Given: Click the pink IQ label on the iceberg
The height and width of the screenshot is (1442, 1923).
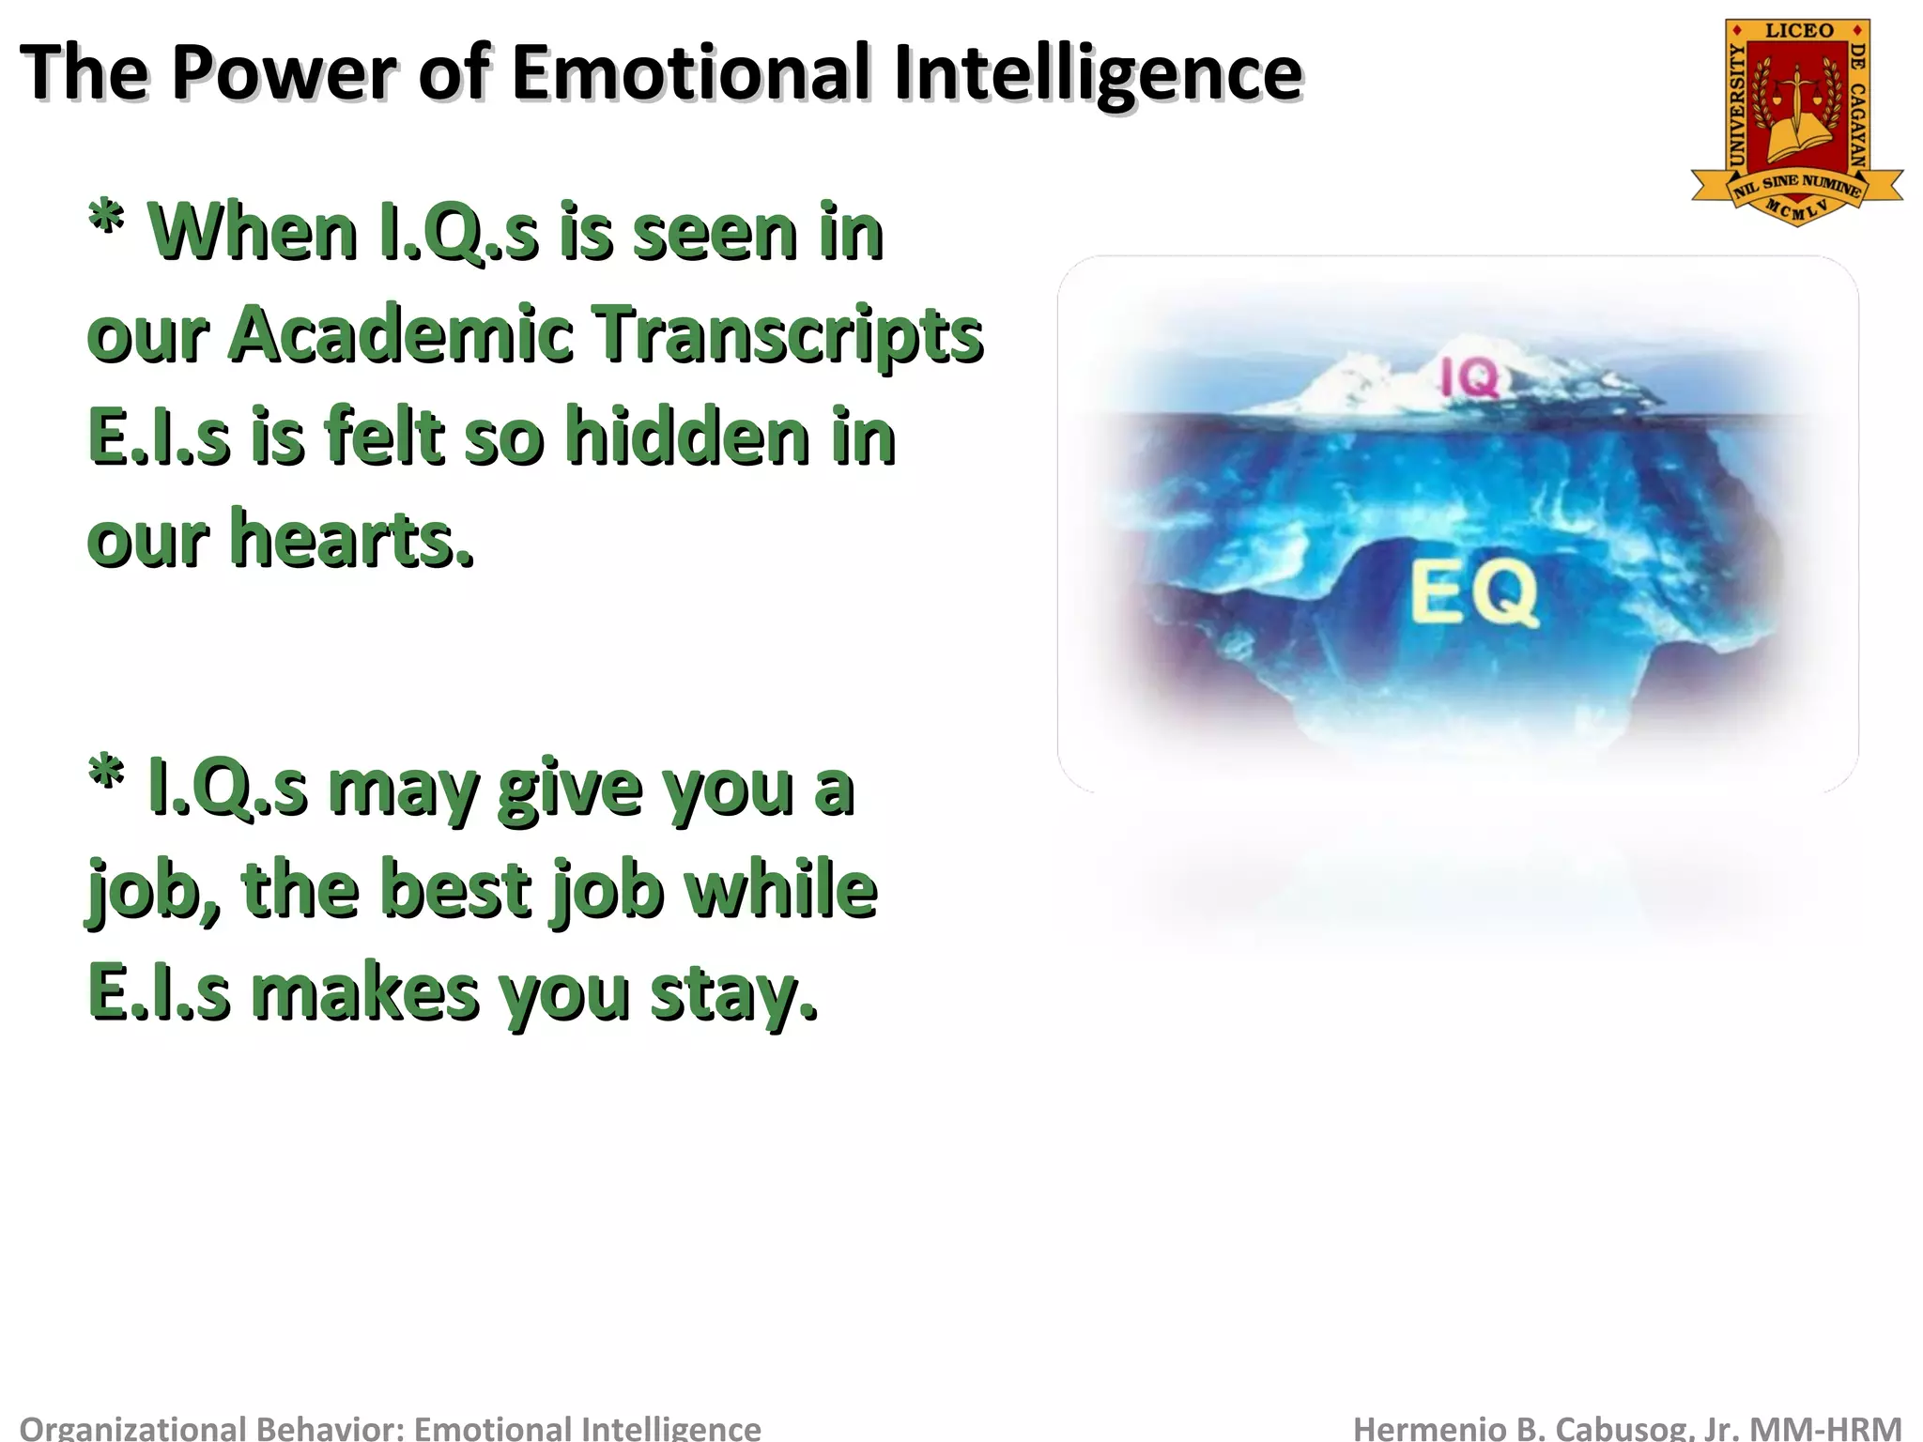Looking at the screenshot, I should (1470, 379).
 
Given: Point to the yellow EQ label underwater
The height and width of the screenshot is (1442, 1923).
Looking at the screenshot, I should (1474, 593).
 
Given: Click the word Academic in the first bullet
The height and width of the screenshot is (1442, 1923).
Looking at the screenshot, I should (401, 334).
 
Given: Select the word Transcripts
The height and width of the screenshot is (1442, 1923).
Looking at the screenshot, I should (790, 336).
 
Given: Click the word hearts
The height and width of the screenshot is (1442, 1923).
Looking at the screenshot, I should (351, 540).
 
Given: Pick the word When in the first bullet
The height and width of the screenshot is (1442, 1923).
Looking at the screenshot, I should (253, 232).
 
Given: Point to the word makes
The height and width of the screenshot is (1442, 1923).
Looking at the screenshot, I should (365, 993).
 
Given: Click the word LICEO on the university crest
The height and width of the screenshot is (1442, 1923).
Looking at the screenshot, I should (1798, 31).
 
